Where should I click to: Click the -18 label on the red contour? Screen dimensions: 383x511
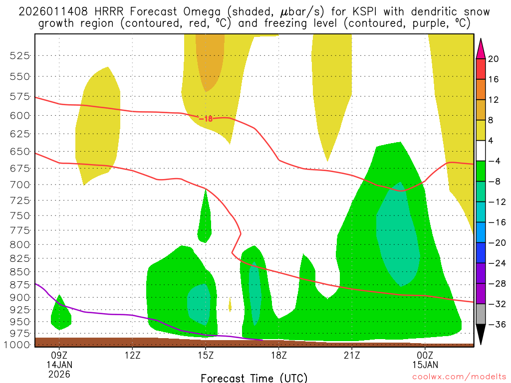click(x=206, y=119)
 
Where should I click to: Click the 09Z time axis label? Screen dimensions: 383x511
click(x=59, y=356)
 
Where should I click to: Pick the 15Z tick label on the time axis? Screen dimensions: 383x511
click(x=206, y=356)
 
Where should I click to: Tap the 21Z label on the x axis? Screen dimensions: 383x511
click(x=352, y=356)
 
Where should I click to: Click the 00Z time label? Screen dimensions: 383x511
click(x=425, y=356)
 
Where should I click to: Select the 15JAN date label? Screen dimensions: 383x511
click(x=425, y=365)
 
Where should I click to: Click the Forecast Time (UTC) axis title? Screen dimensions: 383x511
click(x=254, y=378)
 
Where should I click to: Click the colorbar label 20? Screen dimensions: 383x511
click(x=494, y=59)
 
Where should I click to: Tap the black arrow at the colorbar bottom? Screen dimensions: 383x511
click(x=481, y=335)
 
